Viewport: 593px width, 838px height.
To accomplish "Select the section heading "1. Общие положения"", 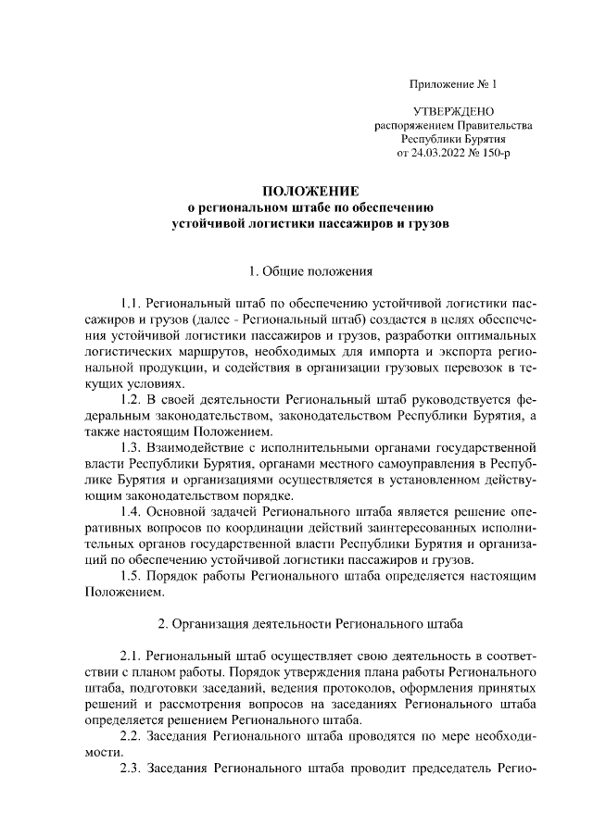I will (309, 272).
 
